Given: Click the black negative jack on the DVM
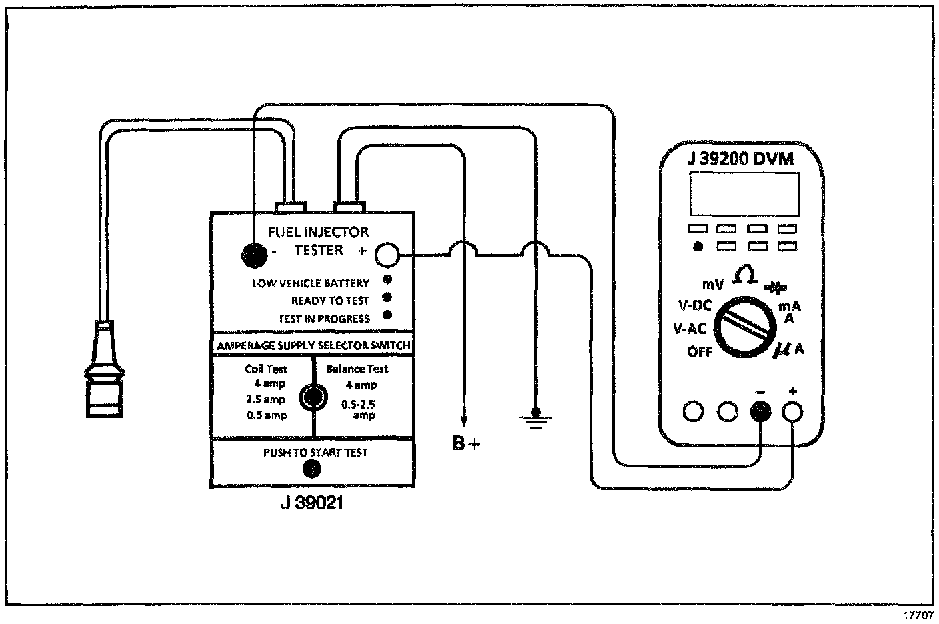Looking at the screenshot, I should [760, 411].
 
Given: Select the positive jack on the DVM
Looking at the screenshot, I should [792, 411].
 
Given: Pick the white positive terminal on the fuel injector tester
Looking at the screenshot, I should [387, 254].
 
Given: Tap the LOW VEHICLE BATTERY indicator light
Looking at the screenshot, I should [387, 280].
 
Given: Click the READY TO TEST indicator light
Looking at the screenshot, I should [387, 297].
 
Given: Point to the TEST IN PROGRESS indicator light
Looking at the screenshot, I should [387, 315].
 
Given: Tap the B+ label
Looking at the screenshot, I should [465, 443].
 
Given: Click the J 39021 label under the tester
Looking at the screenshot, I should [311, 503].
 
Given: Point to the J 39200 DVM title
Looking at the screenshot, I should [744, 159].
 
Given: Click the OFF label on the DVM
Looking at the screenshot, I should [700, 351].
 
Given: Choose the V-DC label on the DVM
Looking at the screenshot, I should [694, 305].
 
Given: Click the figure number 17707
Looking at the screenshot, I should [918, 615].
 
